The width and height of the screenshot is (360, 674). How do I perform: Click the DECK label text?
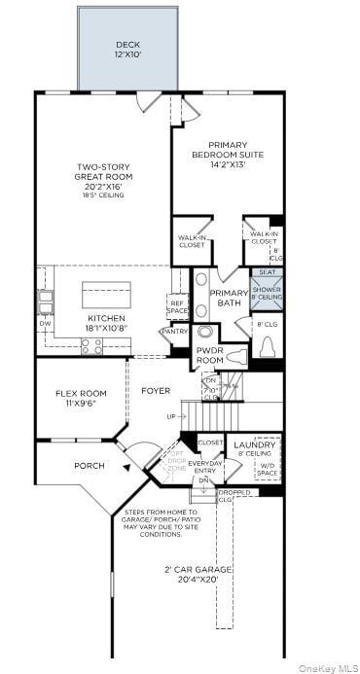[x=127, y=44]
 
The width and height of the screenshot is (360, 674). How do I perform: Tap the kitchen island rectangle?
[x=106, y=294]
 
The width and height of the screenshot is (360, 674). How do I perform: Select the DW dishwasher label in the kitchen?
[x=44, y=323]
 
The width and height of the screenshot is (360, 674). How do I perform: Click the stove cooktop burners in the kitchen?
[x=91, y=345]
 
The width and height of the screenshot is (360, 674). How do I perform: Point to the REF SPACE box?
[x=177, y=306]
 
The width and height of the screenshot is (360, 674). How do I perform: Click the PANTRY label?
[x=175, y=332]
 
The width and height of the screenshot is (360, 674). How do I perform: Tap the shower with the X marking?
[x=267, y=293]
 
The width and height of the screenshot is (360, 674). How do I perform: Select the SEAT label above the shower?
[x=267, y=272]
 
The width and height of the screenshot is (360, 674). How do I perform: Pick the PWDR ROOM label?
[x=210, y=354]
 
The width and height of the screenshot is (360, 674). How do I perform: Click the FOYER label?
[x=156, y=391]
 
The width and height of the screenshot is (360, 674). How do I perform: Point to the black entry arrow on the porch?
[x=126, y=467]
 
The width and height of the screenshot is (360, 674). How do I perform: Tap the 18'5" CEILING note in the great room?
[x=103, y=196]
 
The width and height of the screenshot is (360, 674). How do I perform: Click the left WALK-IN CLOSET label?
[x=191, y=240]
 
